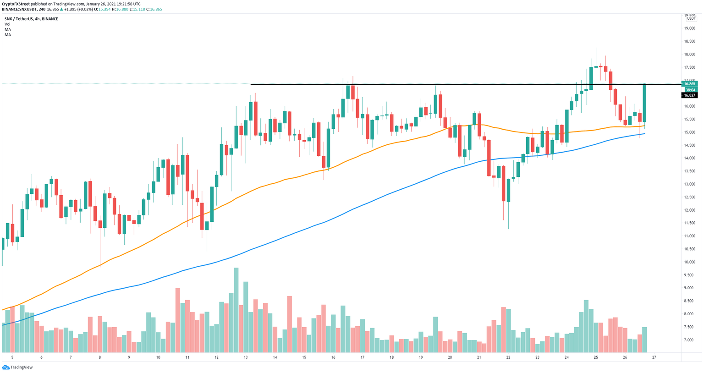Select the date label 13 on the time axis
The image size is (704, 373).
click(246, 357)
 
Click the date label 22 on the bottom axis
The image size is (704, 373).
click(508, 357)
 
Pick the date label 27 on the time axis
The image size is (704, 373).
click(654, 357)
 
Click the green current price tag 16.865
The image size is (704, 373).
click(690, 84)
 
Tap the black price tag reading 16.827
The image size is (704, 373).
click(690, 95)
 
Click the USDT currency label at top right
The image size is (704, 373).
click(691, 18)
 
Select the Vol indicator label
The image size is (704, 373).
click(7, 24)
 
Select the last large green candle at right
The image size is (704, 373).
click(644, 103)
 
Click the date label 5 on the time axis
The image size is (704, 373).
click(12, 357)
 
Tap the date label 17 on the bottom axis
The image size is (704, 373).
click(363, 357)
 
